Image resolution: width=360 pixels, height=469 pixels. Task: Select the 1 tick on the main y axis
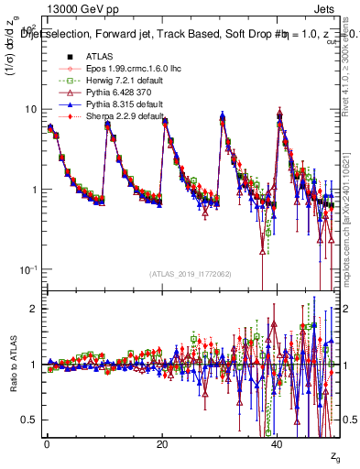point(34,190)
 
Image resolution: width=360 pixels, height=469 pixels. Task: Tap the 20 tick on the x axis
point(161,443)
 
